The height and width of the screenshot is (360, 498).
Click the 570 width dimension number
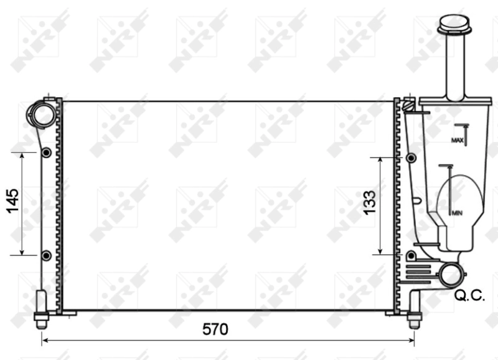click(215, 329)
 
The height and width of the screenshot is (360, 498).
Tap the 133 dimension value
click(369, 204)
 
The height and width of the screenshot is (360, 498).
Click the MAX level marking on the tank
click(458, 141)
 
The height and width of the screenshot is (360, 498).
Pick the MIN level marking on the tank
click(457, 213)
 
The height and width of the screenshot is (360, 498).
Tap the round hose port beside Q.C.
click(450, 275)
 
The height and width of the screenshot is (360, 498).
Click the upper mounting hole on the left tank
click(46, 153)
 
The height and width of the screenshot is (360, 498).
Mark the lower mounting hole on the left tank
click(46, 255)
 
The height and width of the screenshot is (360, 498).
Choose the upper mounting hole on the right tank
click(411, 158)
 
